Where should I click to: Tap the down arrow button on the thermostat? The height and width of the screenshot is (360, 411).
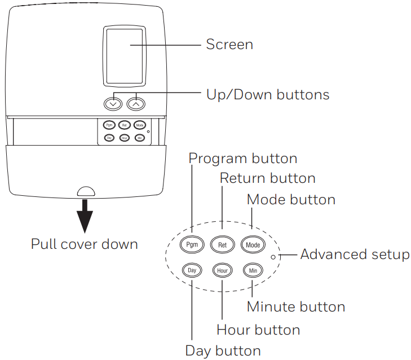[113, 103]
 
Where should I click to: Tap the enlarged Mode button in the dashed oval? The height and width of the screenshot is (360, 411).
[253, 245]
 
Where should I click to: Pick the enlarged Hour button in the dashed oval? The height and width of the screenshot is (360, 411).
[222, 270]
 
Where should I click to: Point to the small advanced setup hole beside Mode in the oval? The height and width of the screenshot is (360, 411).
[273, 256]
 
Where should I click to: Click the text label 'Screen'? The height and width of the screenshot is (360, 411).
[229, 45]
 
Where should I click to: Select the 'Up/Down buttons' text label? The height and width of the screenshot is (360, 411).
[268, 94]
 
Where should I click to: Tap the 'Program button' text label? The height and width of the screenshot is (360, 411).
[242, 158]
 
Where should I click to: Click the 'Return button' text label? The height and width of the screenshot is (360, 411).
[267, 178]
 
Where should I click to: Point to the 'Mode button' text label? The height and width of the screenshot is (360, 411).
[291, 199]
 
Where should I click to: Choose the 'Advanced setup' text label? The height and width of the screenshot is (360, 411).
[355, 254]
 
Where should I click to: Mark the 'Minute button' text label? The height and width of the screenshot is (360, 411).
[296, 307]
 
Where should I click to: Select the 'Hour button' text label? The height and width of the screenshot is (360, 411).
[258, 329]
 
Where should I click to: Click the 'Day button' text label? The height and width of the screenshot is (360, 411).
[223, 350]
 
